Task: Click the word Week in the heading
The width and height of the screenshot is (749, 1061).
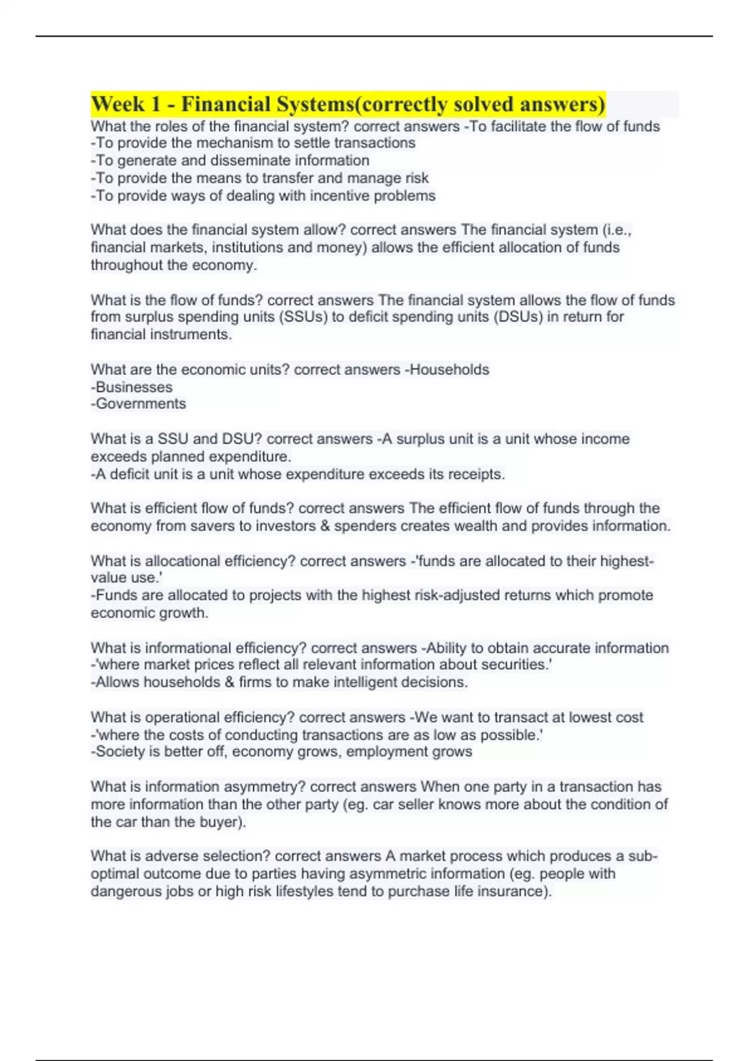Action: click(x=117, y=104)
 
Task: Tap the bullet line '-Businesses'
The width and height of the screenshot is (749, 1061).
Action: click(x=132, y=387)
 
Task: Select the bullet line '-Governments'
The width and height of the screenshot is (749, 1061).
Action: click(x=139, y=404)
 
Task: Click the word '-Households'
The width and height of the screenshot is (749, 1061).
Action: click(x=447, y=369)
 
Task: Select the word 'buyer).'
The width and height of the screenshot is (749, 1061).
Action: click(x=222, y=822)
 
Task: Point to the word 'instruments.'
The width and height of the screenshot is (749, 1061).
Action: click(x=193, y=335)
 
